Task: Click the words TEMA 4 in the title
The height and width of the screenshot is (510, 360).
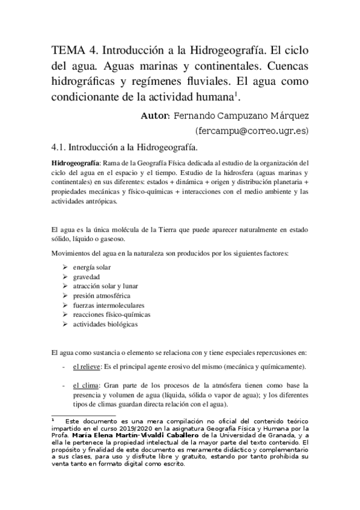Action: (x=70, y=49)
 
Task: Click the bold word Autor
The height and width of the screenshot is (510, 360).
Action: (x=155, y=114)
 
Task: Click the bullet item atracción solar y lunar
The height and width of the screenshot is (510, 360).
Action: (x=105, y=286)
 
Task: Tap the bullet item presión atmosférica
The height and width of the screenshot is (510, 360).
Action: (x=101, y=296)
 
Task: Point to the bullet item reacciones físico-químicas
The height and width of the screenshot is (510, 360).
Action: (x=111, y=315)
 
